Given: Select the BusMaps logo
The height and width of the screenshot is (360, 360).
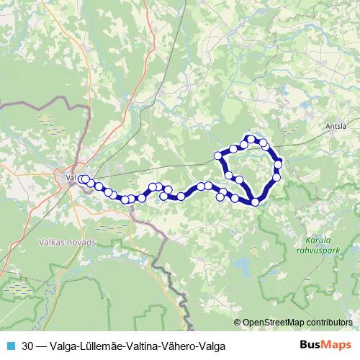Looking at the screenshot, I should [325, 346].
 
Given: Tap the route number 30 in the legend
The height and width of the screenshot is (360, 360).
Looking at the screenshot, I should [28, 346].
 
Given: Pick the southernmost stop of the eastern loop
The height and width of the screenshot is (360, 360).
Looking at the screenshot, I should [256, 202].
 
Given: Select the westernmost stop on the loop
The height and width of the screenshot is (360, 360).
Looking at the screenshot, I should [218, 156].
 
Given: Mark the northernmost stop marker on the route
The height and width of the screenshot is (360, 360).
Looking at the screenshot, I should [251, 138].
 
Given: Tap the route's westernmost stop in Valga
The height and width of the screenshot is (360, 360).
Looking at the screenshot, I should [81, 179].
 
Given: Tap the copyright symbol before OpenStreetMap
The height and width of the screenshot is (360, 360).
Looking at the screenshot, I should [238, 322].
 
